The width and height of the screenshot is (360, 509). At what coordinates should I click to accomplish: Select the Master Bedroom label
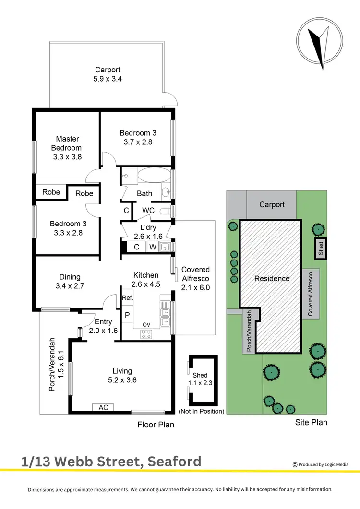pyautogui.click(x=66, y=143)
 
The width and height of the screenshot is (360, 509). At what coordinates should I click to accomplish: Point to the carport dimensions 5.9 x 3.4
pyautogui.click(x=108, y=78)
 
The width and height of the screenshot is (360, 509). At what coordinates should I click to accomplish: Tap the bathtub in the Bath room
pyautogui.click(x=154, y=175)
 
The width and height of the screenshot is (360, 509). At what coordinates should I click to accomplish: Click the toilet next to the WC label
pyautogui.click(x=166, y=210)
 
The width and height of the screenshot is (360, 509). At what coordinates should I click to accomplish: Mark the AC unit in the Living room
pyautogui.click(x=103, y=407)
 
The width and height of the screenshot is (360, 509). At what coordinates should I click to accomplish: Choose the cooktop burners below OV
pyautogui.click(x=145, y=334)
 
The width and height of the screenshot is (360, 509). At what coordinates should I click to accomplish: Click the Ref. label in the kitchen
pyautogui.click(x=127, y=298)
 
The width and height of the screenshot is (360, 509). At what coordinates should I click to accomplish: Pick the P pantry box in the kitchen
pyautogui.click(x=127, y=315)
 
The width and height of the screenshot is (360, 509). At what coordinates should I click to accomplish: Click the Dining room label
pyautogui.click(x=70, y=277)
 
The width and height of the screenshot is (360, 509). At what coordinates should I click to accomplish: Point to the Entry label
pyautogui.click(x=103, y=321)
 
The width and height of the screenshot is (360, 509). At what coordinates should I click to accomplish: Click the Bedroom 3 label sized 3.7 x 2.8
pyautogui.click(x=138, y=133)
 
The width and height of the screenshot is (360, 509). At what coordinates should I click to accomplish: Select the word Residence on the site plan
pyautogui.click(x=272, y=278)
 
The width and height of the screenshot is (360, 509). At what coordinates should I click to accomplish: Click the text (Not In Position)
pyautogui.click(x=201, y=411)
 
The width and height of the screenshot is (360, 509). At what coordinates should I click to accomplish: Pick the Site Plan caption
pyautogui.click(x=312, y=422)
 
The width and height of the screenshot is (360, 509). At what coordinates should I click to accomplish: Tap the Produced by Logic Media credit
pyautogui.click(x=326, y=464)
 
